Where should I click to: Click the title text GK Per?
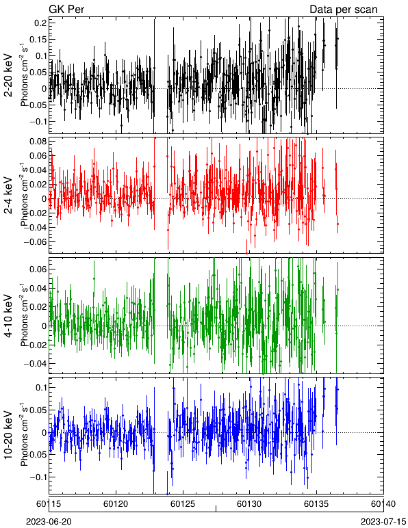66,9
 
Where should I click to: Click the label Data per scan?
344,10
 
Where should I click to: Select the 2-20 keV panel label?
8,75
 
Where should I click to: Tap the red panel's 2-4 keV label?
8,196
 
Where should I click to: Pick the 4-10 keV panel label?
8,316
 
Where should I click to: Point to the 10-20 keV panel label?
8,435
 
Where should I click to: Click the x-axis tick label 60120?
116,504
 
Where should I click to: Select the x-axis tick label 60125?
183,504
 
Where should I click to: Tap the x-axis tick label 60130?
250,504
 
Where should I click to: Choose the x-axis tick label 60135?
316,504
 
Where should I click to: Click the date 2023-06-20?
49,522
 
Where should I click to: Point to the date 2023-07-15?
383,522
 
